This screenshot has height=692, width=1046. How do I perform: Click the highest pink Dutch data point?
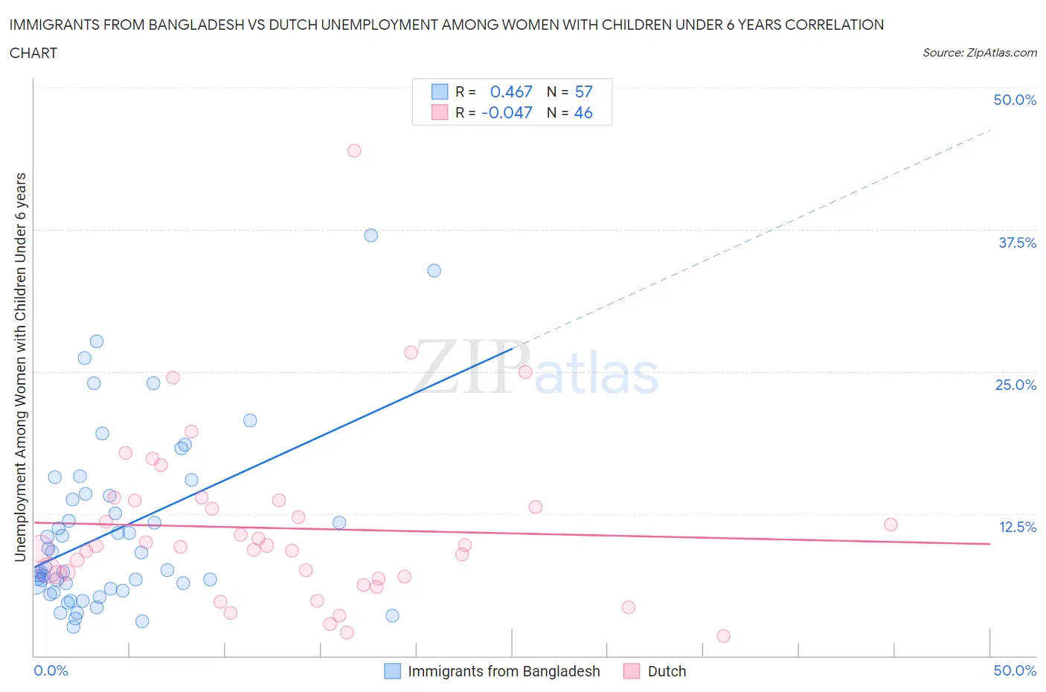[x=354, y=150]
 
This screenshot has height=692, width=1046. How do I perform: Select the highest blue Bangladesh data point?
[x=370, y=235]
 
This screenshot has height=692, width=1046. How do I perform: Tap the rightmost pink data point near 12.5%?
[x=891, y=525]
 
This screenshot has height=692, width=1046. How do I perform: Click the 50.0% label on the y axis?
[x=1015, y=100]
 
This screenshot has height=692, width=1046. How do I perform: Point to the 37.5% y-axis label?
[x=1017, y=243]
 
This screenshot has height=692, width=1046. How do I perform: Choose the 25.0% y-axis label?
[x=1015, y=385]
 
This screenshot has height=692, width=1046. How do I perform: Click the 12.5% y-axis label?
[x=1017, y=527]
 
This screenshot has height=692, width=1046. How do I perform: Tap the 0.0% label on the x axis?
[x=51, y=670]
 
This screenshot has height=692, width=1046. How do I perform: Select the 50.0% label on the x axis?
[x=1015, y=670]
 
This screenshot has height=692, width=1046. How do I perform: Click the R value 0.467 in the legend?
[x=511, y=92]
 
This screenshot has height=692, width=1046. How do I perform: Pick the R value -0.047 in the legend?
[x=507, y=112]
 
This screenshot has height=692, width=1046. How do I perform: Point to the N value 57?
[x=584, y=92]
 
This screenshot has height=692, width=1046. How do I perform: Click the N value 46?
[x=584, y=112]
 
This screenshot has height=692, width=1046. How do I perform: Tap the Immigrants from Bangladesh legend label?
[x=504, y=671]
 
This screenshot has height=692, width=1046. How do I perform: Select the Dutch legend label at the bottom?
[x=667, y=671]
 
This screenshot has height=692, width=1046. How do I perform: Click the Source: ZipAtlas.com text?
[x=979, y=52]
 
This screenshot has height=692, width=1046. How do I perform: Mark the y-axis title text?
[x=21, y=367]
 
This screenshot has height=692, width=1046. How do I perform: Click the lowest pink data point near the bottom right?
[x=723, y=635]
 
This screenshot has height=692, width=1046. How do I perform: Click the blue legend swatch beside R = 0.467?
[x=440, y=92]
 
